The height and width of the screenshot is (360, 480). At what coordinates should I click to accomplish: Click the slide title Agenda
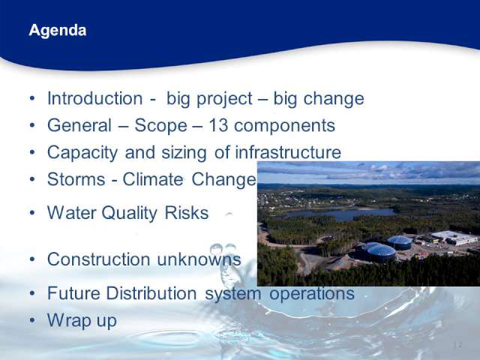[58, 30]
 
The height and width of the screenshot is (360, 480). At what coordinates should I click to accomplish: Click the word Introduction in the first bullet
[95, 98]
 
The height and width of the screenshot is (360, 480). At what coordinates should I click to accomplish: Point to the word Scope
[160, 125]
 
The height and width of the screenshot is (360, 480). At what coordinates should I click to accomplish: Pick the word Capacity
[82, 153]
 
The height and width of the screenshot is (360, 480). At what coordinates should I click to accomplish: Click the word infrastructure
[288, 152]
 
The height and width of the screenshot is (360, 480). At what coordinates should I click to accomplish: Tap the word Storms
[76, 179]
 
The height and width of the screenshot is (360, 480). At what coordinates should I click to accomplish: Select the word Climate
[153, 179]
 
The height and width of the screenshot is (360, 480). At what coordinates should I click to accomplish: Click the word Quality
[130, 213]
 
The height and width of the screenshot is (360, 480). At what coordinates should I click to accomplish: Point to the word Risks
[187, 213]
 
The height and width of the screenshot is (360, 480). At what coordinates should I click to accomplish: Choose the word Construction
[98, 259]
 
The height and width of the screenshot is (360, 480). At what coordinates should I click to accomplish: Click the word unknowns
[199, 259]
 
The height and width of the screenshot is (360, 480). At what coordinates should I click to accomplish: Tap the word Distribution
[151, 293]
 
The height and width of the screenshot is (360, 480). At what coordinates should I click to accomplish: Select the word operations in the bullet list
[312, 294]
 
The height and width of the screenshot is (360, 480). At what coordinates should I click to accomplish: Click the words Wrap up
[82, 321]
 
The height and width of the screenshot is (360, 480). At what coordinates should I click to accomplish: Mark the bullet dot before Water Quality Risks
[32, 213]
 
